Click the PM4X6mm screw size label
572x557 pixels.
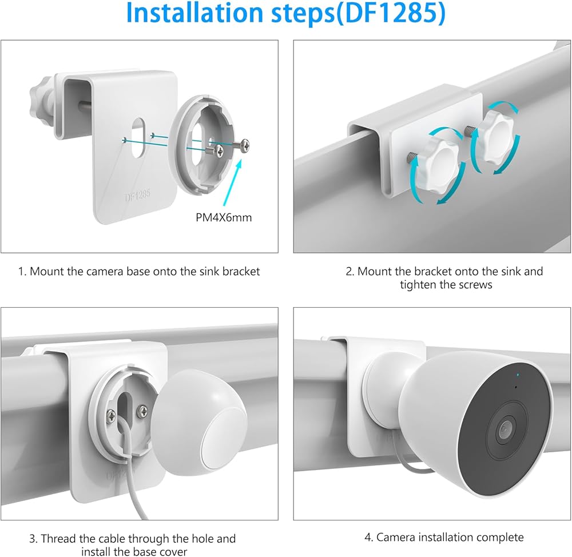tap(224, 217)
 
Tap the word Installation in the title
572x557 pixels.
tap(194, 13)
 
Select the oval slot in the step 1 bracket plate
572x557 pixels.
tap(138, 137)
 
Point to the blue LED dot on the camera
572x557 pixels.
tap(518, 375)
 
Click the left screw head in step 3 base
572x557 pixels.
tap(111, 415)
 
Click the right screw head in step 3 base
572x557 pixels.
tap(142, 411)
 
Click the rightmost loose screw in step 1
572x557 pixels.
tap(241, 145)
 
